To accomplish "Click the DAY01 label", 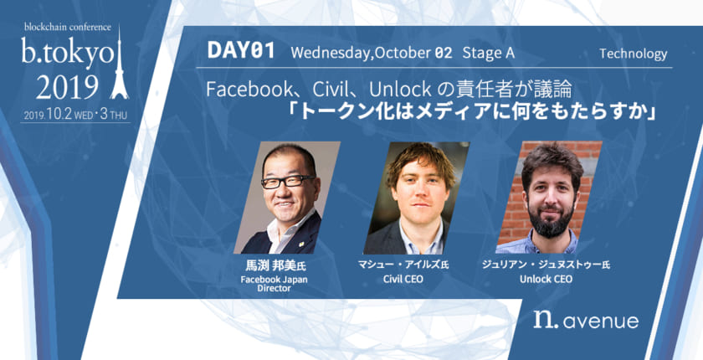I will pos(240,53).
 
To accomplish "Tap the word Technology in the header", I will pos(634,54).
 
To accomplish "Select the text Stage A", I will pos(488,53).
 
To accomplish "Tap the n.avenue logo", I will pos(586,319).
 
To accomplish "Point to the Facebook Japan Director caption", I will pos(264,283).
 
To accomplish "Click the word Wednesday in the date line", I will pos(330,53).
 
